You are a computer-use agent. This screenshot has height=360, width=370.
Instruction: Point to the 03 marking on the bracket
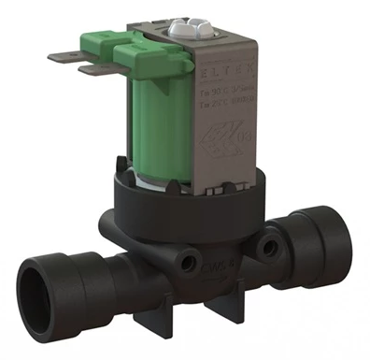click(x=246, y=141)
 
